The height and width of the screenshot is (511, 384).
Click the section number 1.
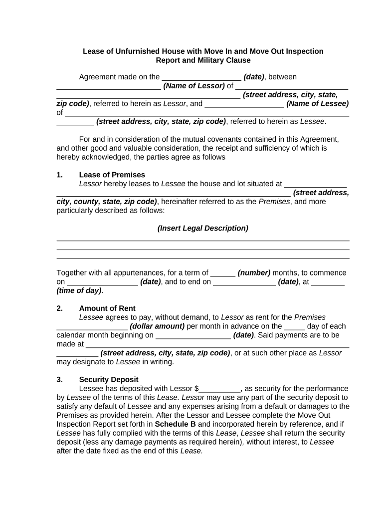[x=59, y=175]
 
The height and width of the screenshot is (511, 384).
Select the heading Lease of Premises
[x=112, y=175]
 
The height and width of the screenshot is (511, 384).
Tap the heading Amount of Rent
[x=107, y=308]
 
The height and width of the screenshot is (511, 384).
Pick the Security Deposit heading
[x=109, y=380]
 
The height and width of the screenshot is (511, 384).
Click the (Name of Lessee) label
[x=318, y=104]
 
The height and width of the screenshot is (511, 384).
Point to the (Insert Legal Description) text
[x=202, y=229]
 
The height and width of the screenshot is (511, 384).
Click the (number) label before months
[x=254, y=273]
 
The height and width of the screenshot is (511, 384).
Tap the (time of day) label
[x=79, y=290]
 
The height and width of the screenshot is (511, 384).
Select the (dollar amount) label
[x=157, y=326]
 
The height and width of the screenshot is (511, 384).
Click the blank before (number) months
[x=222, y=273]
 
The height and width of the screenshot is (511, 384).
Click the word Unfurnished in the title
[x=138, y=51]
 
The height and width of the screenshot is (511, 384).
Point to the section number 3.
[x=59, y=380]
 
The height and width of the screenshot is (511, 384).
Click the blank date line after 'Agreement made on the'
[x=201, y=77]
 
